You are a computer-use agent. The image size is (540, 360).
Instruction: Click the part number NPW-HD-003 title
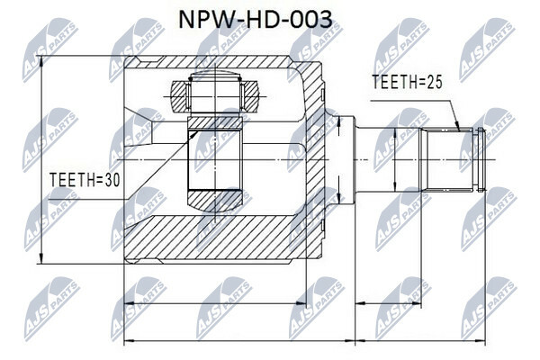click(256, 19)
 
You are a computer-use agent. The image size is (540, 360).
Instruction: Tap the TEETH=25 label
click(407, 82)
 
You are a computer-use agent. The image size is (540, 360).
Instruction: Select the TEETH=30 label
click(85, 180)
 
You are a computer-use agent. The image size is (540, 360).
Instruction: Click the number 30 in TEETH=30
click(112, 180)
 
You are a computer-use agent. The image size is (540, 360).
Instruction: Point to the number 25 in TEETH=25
click(435, 82)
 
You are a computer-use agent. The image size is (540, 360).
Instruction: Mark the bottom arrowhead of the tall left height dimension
click(41, 258)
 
